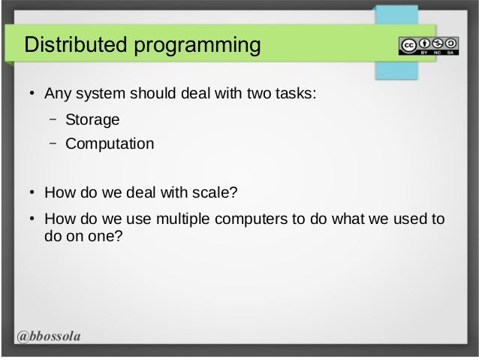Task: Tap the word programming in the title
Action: tap(197, 47)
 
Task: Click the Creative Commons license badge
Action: tap(428, 45)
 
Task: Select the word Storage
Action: tap(92, 119)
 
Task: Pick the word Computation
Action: tap(110, 143)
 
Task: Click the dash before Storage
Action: tap(54, 119)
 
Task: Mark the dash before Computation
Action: tap(54, 143)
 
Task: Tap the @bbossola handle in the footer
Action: tap(49, 335)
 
